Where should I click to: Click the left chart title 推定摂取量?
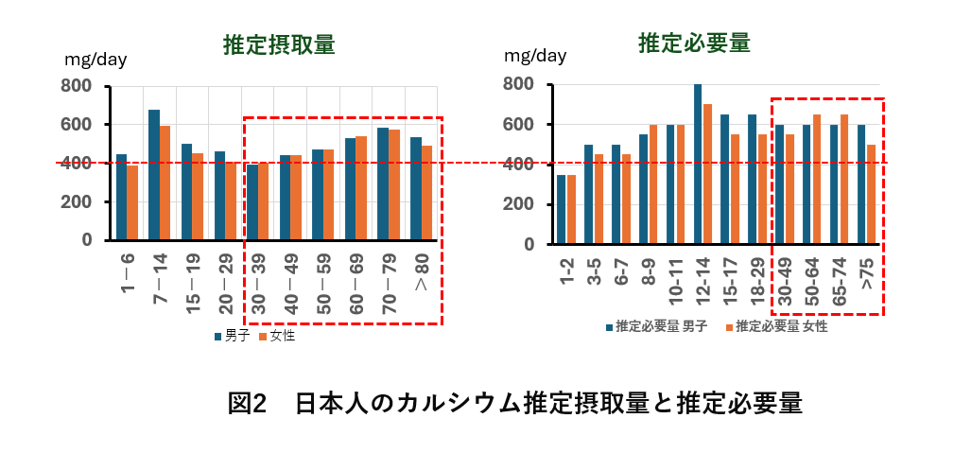278,44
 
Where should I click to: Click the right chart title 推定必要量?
694,43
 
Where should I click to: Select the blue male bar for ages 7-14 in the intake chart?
154,175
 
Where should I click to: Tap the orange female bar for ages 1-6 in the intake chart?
132,202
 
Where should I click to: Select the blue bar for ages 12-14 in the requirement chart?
698,164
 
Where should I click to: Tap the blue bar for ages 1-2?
562,209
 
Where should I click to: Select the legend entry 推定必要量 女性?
781,326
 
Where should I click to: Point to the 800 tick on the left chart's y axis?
77,86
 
